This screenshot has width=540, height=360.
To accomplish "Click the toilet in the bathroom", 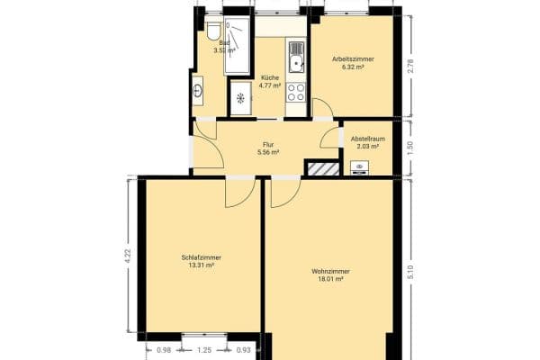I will (213, 31).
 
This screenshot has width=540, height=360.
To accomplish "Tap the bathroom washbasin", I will (198, 89).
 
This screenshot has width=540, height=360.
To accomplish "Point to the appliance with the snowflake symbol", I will (240, 98).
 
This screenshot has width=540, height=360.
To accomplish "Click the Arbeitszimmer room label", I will (353, 59).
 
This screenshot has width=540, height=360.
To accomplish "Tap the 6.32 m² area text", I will (353, 67).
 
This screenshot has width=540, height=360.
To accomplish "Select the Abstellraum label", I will (368, 139).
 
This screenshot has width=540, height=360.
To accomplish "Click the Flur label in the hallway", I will (268, 144).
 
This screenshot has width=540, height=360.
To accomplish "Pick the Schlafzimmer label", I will (201, 257).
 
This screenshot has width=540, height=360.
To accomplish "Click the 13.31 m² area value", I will (201, 265).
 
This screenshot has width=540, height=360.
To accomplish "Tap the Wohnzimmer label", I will (330, 272).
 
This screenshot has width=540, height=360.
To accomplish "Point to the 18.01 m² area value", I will (330, 280).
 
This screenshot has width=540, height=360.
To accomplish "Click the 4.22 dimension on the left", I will (129, 254).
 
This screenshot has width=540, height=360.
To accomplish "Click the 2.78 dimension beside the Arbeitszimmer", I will (410, 65).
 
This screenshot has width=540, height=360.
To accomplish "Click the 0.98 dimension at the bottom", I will (164, 349).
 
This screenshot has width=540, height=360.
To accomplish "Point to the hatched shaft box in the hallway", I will (320, 167).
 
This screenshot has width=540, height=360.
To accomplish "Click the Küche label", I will (270, 77).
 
